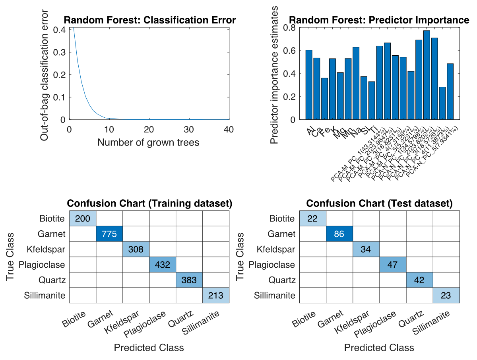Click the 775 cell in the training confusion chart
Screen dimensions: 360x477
click(x=109, y=234)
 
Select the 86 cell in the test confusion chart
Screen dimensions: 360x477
click(x=339, y=234)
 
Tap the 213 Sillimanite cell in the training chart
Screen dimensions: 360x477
click(x=216, y=295)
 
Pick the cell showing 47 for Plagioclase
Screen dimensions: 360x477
click(x=393, y=265)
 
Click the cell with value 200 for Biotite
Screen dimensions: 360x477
click(x=83, y=218)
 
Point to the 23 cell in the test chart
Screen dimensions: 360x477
click(x=446, y=295)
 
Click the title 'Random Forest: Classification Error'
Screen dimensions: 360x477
click(x=150, y=20)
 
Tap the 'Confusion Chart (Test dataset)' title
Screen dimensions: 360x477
click(x=379, y=204)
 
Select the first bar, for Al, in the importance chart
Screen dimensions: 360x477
click(x=309, y=85)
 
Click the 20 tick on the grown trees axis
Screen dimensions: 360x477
click(x=149, y=129)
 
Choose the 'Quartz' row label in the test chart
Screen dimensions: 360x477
click(x=282, y=280)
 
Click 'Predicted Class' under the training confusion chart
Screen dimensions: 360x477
click(x=149, y=348)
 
